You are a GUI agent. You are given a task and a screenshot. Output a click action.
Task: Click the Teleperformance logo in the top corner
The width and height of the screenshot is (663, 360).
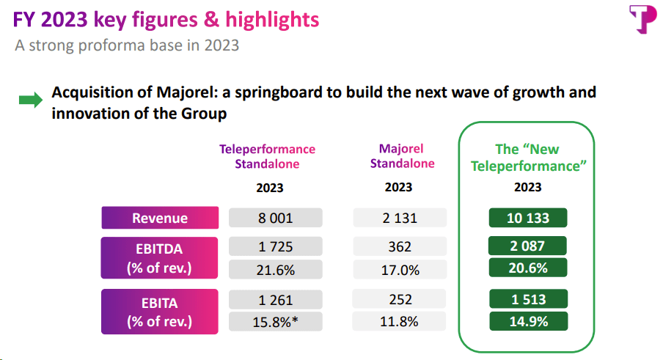pyautogui.click(x=640, y=19)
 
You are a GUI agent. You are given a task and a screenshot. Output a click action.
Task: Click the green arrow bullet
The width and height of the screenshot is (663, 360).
pyautogui.click(x=31, y=101)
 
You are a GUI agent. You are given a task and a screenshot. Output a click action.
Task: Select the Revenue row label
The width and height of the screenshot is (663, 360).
pyautogui.click(x=160, y=218)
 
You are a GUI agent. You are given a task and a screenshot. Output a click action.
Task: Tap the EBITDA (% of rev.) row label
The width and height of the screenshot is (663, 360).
pyautogui.click(x=160, y=258)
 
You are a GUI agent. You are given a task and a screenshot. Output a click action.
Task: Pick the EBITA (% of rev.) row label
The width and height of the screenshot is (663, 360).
pyautogui.click(x=160, y=311)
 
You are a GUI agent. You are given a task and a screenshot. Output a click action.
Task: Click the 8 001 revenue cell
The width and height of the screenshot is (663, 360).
pyautogui.click(x=275, y=218)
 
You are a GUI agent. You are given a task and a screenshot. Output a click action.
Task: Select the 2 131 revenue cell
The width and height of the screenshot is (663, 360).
pyautogui.click(x=399, y=218)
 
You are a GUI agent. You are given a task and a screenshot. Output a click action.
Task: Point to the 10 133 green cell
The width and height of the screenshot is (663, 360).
pyautogui.click(x=529, y=218)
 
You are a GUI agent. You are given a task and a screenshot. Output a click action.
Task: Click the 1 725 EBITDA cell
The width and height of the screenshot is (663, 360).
pyautogui.click(x=275, y=247)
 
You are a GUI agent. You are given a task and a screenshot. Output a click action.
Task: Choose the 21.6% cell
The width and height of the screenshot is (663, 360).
pyautogui.click(x=275, y=270)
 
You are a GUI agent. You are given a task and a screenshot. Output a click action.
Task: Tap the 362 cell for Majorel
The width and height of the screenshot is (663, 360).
pyautogui.click(x=399, y=247)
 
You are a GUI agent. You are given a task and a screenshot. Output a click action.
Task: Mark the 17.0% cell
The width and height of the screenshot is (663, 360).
pyautogui.click(x=399, y=270)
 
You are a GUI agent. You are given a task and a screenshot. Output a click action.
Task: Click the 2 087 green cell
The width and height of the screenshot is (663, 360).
pyautogui.click(x=529, y=246)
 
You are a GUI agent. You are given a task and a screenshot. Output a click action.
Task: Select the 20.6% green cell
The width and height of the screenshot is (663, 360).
pyautogui.click(x=529, y=268)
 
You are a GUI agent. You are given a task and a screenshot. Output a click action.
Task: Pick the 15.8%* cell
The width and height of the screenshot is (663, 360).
pyautogui.click(x=275, y=322)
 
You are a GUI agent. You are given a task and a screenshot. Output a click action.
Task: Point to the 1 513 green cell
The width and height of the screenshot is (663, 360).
pyautogui.click(x=529, y=299)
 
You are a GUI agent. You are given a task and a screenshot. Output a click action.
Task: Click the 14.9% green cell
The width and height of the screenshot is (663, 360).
pyautogui.click(x=529, y=322)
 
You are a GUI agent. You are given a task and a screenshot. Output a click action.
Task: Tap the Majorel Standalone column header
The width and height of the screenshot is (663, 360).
pyautogui.click(x=402, y=155)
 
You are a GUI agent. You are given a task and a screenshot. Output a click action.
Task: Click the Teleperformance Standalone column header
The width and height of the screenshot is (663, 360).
pyautogui.click(x=267, y=156)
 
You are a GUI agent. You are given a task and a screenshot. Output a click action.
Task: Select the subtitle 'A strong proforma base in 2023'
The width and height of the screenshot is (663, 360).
pyautogui.click(x=128, y=45)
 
